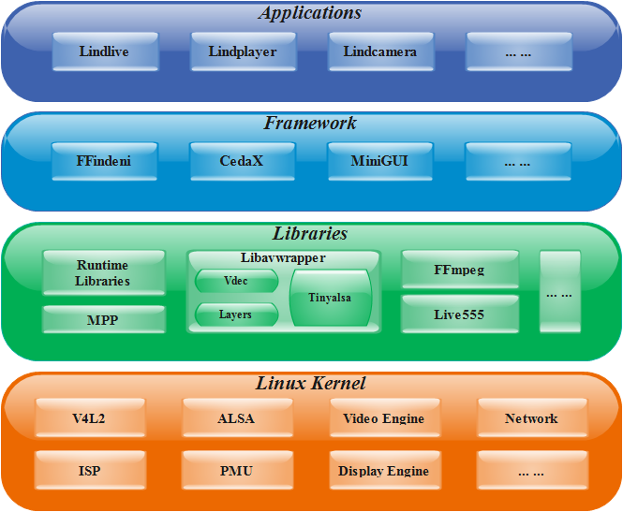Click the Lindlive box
pyautogui.click(x=104, y=51)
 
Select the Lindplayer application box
pyautogui.click(x=243, y=51)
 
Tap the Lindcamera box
pyautogui.click(x=380, y=51)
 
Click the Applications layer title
pyautogui.click(x=310, y=13)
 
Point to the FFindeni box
pyautogui.click(x=104, y=161)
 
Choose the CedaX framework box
pyautogui.click(x=242, y=161)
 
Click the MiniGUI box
pyautogui.click(x=379, y=161)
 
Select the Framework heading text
pyautogui.click(x=310, y=123)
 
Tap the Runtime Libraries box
pyautogui.click(x=104, y=272)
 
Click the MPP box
pyautogui.click(x=104, y=320)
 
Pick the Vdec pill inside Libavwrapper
pyautogui.click(x=236, y=281)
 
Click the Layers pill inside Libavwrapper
pyautogui.click(x=236, y=315)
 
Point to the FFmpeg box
pyautogui.click(x=459, y=271)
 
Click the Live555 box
pyautogui.click(x=459, y=315)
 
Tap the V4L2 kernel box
pyautogui.click(x=91, y=418)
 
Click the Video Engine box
pyautogui.click(x=384, y=418)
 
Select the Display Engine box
pyautogui.click(x=384, y=470)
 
